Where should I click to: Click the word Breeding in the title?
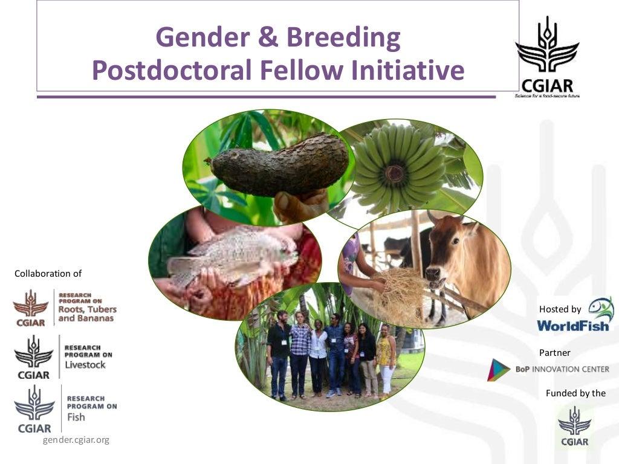click(x=343, y=37)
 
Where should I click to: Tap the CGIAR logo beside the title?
click(x=547, y=57)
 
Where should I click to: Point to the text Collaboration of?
click(x=48, y=274)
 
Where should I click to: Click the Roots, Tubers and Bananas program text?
click(x=87, y=309)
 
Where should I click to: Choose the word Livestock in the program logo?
click(x=85, y=364)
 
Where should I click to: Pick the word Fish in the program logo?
click(x=76, y=417)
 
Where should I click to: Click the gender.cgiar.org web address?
click(x=76, y=440)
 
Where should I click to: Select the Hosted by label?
click(x=560, y=309)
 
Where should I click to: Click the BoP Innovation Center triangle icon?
click(x=499, y=370)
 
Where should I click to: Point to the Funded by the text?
click(x=575, y=393)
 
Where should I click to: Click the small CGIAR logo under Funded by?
click(x=574, y=426)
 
